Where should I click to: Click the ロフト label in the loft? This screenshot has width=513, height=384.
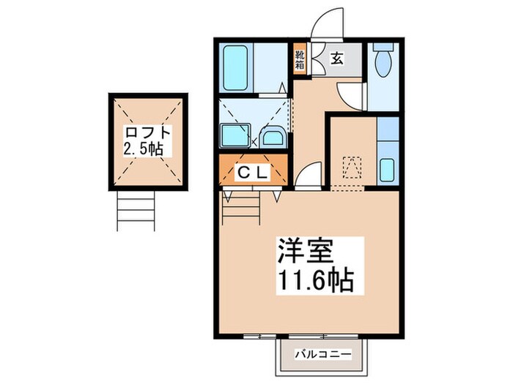click(148, 134)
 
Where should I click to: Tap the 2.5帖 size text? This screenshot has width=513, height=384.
click(143, 150)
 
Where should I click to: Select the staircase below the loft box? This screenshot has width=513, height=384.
click(137, 211)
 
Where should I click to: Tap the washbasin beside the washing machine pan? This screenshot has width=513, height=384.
click(274, 137)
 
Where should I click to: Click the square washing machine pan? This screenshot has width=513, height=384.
click(236, 136)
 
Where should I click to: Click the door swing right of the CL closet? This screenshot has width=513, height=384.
click(308, 177)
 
